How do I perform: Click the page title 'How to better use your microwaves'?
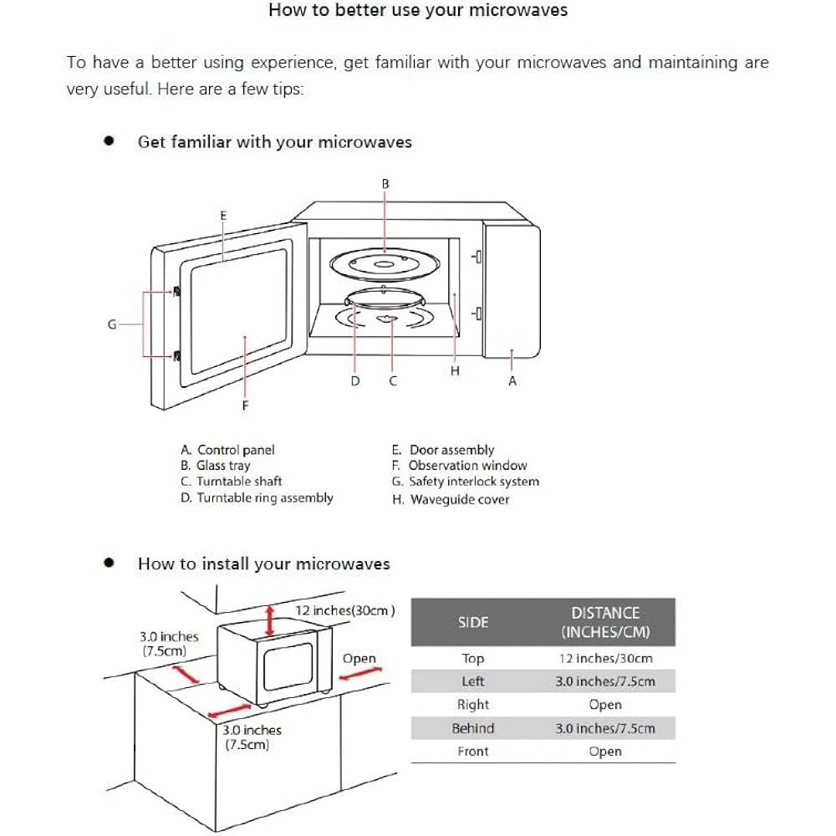coord(417,11)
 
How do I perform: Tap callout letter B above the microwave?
coord(385,183)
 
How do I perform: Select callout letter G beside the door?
coord(111,324)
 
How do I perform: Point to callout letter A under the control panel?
coord(512,381)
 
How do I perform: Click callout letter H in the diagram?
coord(455,371)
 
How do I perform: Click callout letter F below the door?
coord(245,405)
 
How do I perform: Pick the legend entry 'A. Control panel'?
coord(227,450)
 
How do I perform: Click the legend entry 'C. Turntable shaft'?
coord(231,482)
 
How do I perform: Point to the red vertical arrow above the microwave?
coord(269,620)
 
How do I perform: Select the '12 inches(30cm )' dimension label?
coord(345,611)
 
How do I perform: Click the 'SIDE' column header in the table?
coord(473,623)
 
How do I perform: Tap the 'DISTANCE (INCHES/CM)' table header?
coord(605,623)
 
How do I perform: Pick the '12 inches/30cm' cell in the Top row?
coord(605,659)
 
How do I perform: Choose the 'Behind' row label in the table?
coord(473,728)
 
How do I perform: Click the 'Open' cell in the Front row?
coord(605,752)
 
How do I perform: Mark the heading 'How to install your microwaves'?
coord(263,563)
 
